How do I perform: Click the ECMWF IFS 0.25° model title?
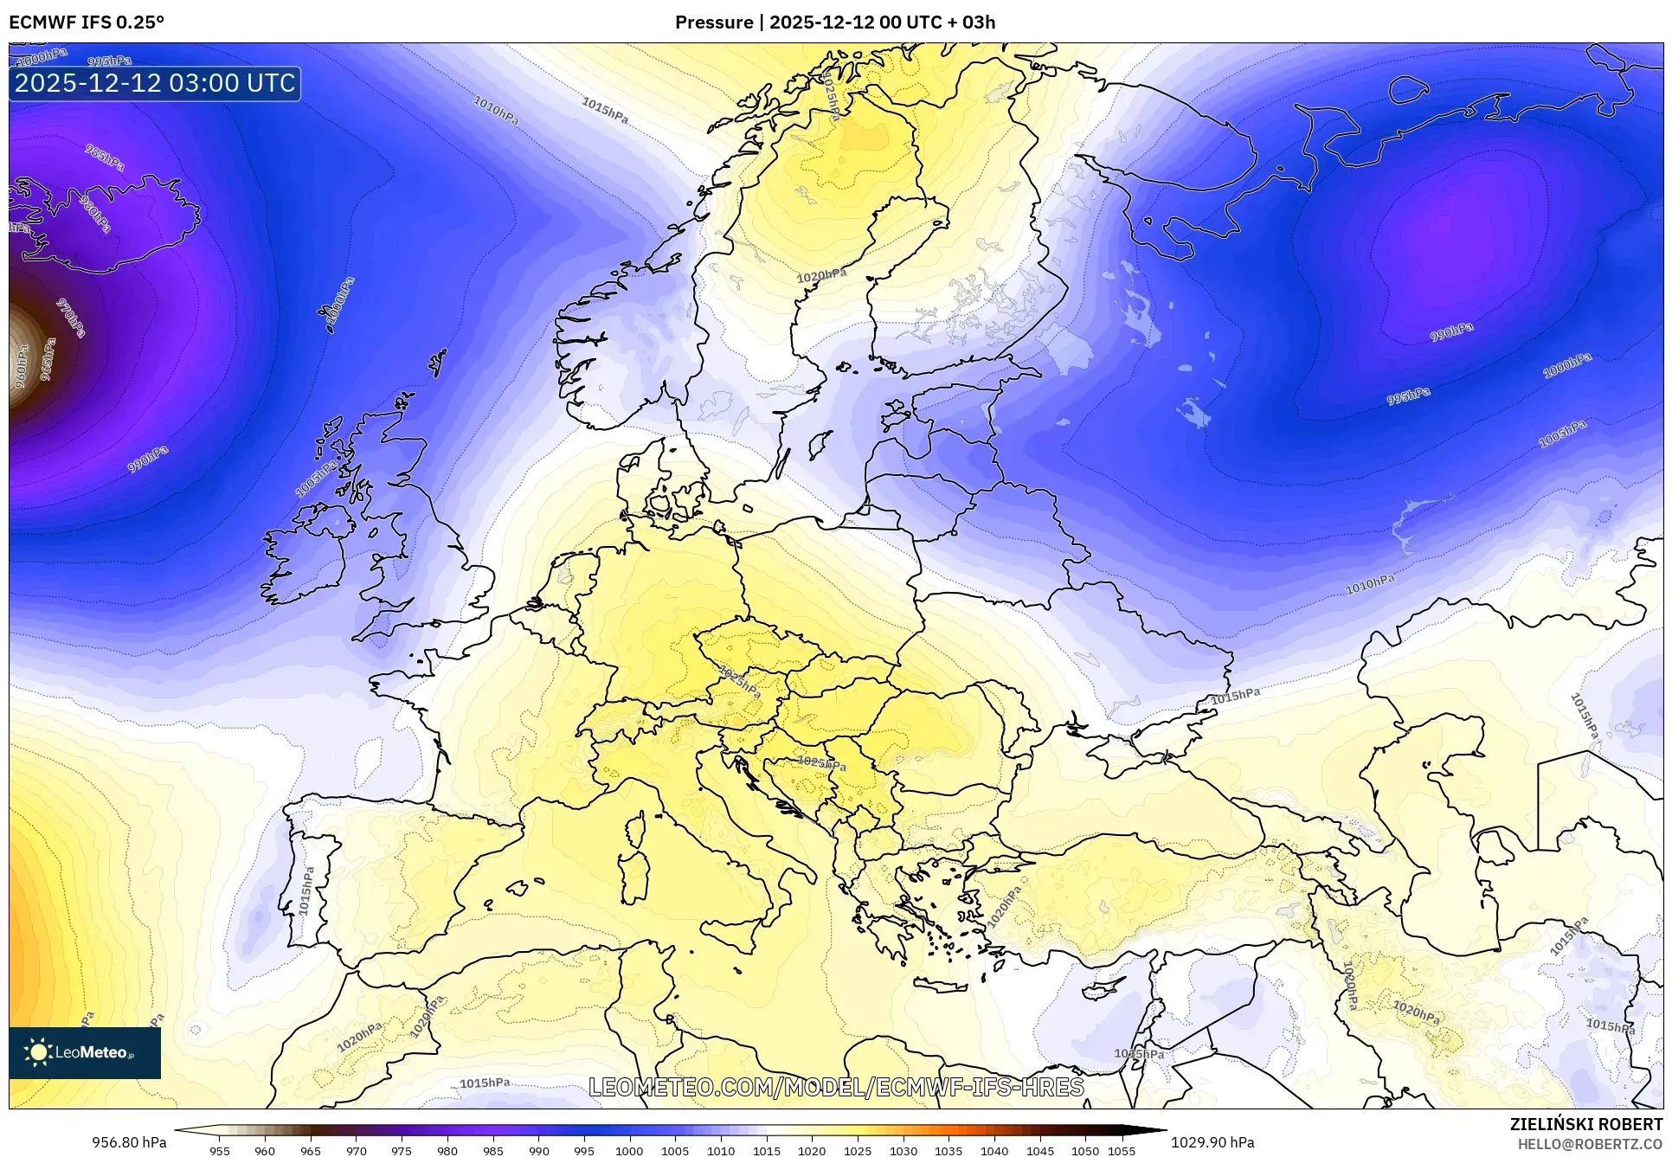coord(87,22)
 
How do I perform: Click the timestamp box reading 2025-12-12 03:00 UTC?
coord(155,83)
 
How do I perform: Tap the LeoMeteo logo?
coord(84,1052)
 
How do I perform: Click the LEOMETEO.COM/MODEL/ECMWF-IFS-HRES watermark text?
coord(836,1087)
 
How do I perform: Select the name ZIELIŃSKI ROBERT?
coord(1585,1124)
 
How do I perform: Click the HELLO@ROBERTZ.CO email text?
coord(1590,1144)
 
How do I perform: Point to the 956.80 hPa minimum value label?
coord(129,1142)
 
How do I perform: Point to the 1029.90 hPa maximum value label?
coord(1212,1142)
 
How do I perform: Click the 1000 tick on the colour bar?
coord(629,1151)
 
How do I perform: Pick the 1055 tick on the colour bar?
coord(1122,1151)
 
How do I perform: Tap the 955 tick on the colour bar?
coord(220,1151)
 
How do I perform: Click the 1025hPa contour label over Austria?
coord(739,683)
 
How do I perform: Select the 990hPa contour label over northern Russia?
coord(1451,331)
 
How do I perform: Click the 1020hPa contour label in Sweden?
coord(821,276)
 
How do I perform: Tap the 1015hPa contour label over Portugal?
coord(305,891)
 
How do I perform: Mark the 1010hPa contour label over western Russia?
coord(1370,585)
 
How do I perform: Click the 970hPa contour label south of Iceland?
coord(71,318)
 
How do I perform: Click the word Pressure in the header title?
coord(714,22)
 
